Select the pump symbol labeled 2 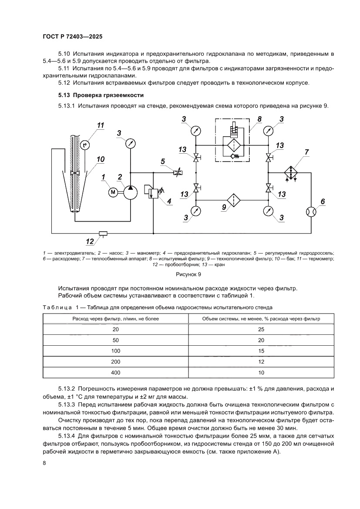pos(130,191)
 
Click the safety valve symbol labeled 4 pos(153,192)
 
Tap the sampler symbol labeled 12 pos(103,233)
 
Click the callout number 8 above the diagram pos(259,119)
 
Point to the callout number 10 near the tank pos(101,159)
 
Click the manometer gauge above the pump pos(129,143)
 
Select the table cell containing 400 pos(115,372)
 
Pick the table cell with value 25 pos(261,329)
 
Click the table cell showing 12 pos(261,361)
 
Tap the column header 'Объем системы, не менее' pos(261,318)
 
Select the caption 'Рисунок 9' pos(188,275)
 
